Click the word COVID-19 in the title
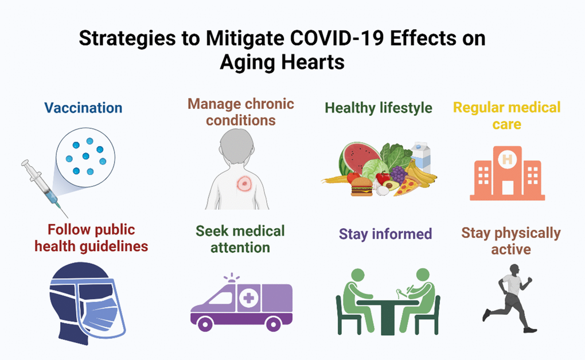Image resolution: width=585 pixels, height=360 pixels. pyautogui.click(x=337, y=38)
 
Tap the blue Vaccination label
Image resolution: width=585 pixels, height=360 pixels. pyautogui.click(x=83, y=108)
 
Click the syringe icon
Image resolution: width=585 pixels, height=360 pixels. pyautogui.click(x=45, y=189)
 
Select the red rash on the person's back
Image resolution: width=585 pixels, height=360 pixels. pyautogui.click(x=244, y=183)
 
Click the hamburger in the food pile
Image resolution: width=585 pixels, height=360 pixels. pyautogui.click(x=361, y=186)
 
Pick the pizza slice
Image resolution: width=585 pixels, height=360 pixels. pyautogui.click(x=407, y=186)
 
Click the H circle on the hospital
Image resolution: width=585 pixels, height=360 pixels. pyautogui.click(x=507, y=159)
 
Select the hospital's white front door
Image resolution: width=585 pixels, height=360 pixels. pyautogui.click(x=508, y=187)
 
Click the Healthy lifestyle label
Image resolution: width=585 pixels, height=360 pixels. pyautogui.click(x=379, y=108)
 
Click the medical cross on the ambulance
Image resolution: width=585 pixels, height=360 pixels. pyautogui.click(x=248, y=298)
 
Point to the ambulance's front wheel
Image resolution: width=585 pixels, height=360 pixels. pyautogui.click(x=204, y=324)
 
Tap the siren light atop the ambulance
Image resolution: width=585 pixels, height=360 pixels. pyautogui.click(x=232, y=277)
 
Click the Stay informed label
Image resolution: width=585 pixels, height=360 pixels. pyautogui.click(x=385, y=234)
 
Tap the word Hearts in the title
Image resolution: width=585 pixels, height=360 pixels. pyautogui.click(x=313, y=61)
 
